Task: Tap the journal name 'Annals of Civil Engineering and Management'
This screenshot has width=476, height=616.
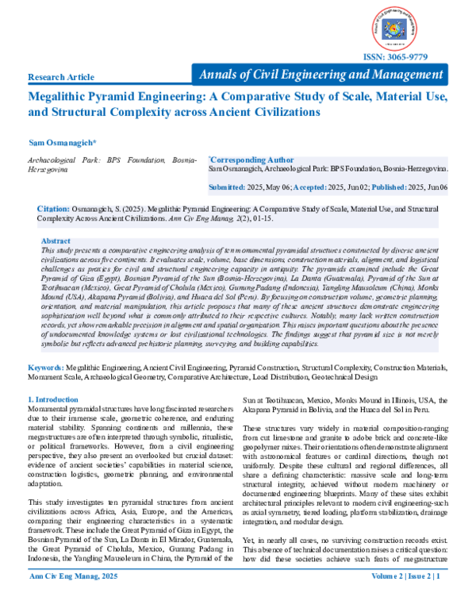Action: tap(322, 75)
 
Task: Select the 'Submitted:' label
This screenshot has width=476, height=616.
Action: tap(227, 187)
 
